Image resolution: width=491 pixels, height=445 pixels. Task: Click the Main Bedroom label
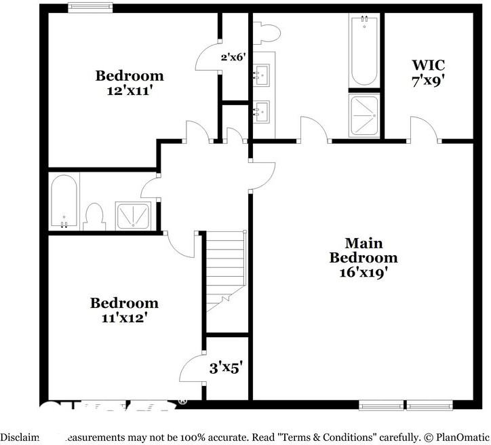[x=364, y=250]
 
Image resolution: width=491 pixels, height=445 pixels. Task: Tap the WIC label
[x=428, y=65]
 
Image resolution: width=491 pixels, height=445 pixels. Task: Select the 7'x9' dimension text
[x=428, y=79]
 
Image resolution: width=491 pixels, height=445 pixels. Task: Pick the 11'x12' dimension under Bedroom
[x=124, y=316]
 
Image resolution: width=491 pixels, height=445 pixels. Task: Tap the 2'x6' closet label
[x=232, y=58]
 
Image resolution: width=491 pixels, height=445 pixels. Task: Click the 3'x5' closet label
[x=225, y=368]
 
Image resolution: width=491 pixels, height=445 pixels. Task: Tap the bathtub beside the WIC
[x=364, y=51]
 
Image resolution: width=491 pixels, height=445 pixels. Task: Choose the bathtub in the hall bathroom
[x=64, y=202]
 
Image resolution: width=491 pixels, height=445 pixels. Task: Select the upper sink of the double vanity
[x=262, y=74]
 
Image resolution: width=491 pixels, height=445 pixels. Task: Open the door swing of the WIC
[x=422, y=129]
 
